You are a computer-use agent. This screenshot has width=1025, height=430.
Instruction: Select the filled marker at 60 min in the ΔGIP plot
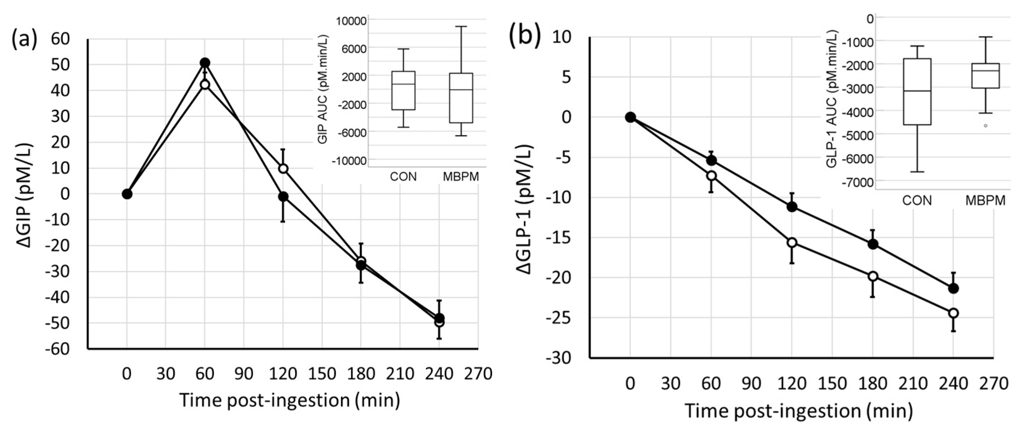pyautogui.click(x=205, y=62)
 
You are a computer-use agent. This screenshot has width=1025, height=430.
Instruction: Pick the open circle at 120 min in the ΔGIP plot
pyautogui.click(x=283, y=169)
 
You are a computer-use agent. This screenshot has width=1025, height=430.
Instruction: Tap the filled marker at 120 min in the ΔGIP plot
pyautogui.click(x=283, y=197)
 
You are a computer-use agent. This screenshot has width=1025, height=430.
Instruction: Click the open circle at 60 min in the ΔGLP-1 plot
pyautogui.click(x=711, y=175)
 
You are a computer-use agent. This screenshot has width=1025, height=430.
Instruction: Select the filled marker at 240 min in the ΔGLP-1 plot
pyautogui.click(x=953, y=288)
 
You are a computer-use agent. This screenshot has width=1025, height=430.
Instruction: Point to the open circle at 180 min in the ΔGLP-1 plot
pyautogui.click(x=873, y=276)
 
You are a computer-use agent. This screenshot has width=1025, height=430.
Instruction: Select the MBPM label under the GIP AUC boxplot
pyautogui.click(x=461, y=177)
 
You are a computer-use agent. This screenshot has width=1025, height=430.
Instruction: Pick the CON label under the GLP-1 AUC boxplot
pyautogui.click(x=917, y=200)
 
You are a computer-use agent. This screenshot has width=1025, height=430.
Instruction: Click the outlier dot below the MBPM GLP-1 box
pyautogui.click(x=986, y=126)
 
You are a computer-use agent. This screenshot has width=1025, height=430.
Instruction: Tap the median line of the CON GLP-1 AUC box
pyautogui.click(x=917, y=91)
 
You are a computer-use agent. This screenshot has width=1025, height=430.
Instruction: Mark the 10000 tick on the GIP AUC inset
pyautogui.click(x=351, y=21)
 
